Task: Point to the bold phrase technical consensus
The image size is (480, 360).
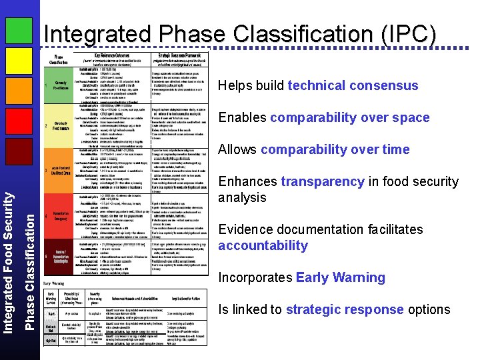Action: coord(353,85)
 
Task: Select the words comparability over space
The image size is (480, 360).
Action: coord(349,117)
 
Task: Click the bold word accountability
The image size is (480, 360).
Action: coord(263,245)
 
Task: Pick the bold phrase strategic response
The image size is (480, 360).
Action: coord(343,309)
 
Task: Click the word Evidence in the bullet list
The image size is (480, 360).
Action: coord(245,229)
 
